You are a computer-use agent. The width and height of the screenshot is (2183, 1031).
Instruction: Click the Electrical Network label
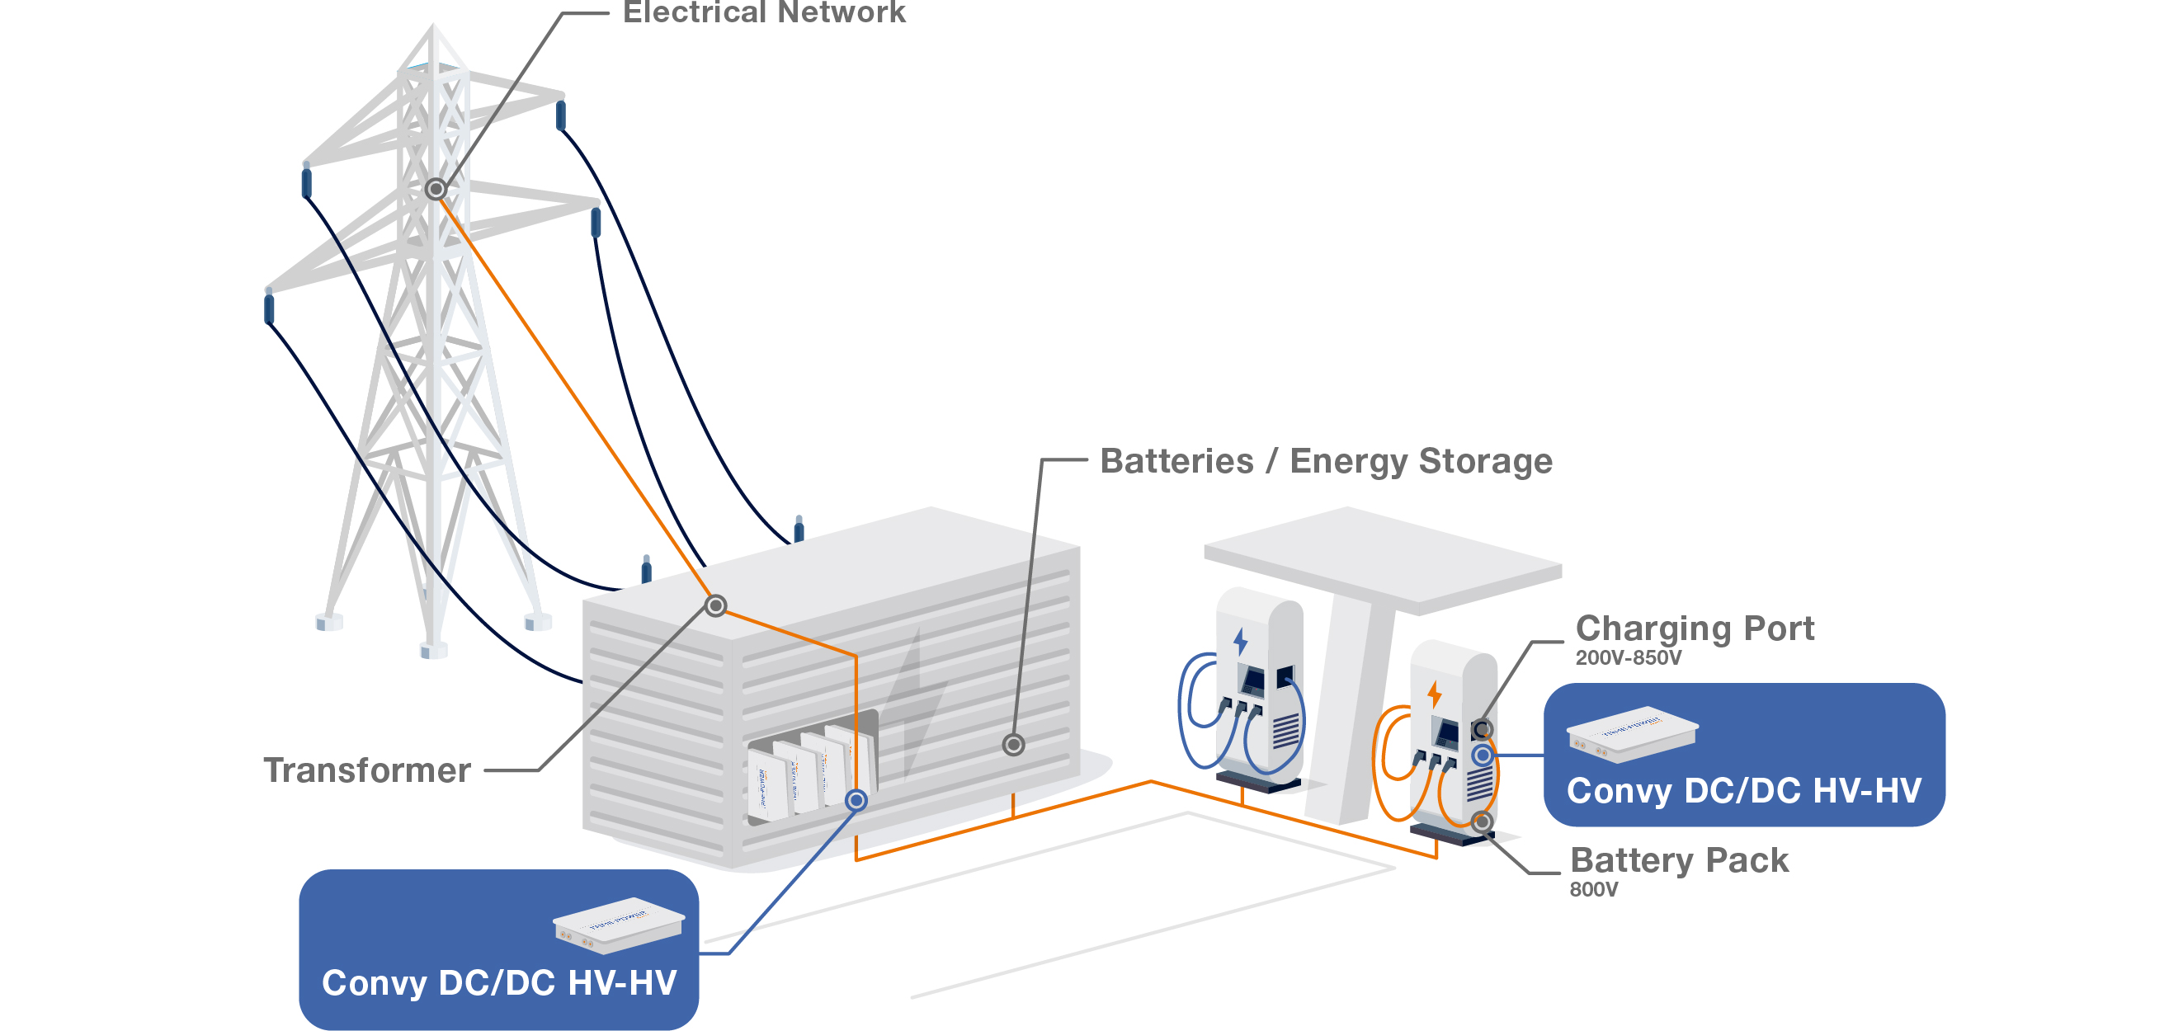click(763, 12)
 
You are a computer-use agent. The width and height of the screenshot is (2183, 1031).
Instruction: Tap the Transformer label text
click(367, 770)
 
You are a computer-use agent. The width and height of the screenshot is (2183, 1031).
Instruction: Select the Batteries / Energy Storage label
click(1325, 462)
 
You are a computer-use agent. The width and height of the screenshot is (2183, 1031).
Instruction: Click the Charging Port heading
click(1694, 628)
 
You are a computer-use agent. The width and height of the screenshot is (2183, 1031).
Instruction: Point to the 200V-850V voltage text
click(1628, 658)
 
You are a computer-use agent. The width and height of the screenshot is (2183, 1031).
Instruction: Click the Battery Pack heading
click(1679, 861)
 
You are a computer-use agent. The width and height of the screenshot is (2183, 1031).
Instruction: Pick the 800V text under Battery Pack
click(1593, 889)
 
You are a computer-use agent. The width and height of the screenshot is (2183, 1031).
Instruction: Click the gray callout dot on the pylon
click(436, 189)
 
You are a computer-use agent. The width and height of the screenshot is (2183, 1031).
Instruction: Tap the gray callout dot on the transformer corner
click(716, 605)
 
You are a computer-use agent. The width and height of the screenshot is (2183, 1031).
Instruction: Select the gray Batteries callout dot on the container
click(1013, 745)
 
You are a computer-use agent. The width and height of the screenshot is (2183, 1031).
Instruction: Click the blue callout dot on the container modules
click(856, 801)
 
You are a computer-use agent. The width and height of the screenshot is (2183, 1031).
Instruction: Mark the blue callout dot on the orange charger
click(1483, 755)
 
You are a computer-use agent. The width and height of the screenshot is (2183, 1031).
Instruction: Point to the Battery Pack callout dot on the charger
click(1482, 822)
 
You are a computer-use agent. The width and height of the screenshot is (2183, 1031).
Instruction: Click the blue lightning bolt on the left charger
click(1241, 642)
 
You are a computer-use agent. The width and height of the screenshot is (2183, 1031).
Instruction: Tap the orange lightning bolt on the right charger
click(1434, 694)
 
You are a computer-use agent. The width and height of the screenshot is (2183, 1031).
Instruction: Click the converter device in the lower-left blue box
click(618, 925)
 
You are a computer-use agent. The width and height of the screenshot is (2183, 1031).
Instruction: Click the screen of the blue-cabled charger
click(1252, 680)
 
